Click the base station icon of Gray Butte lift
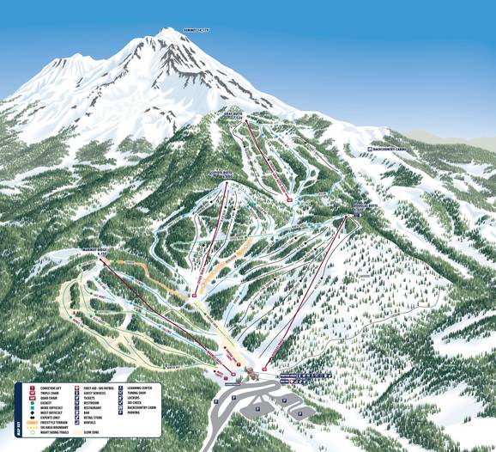point(290,200)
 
